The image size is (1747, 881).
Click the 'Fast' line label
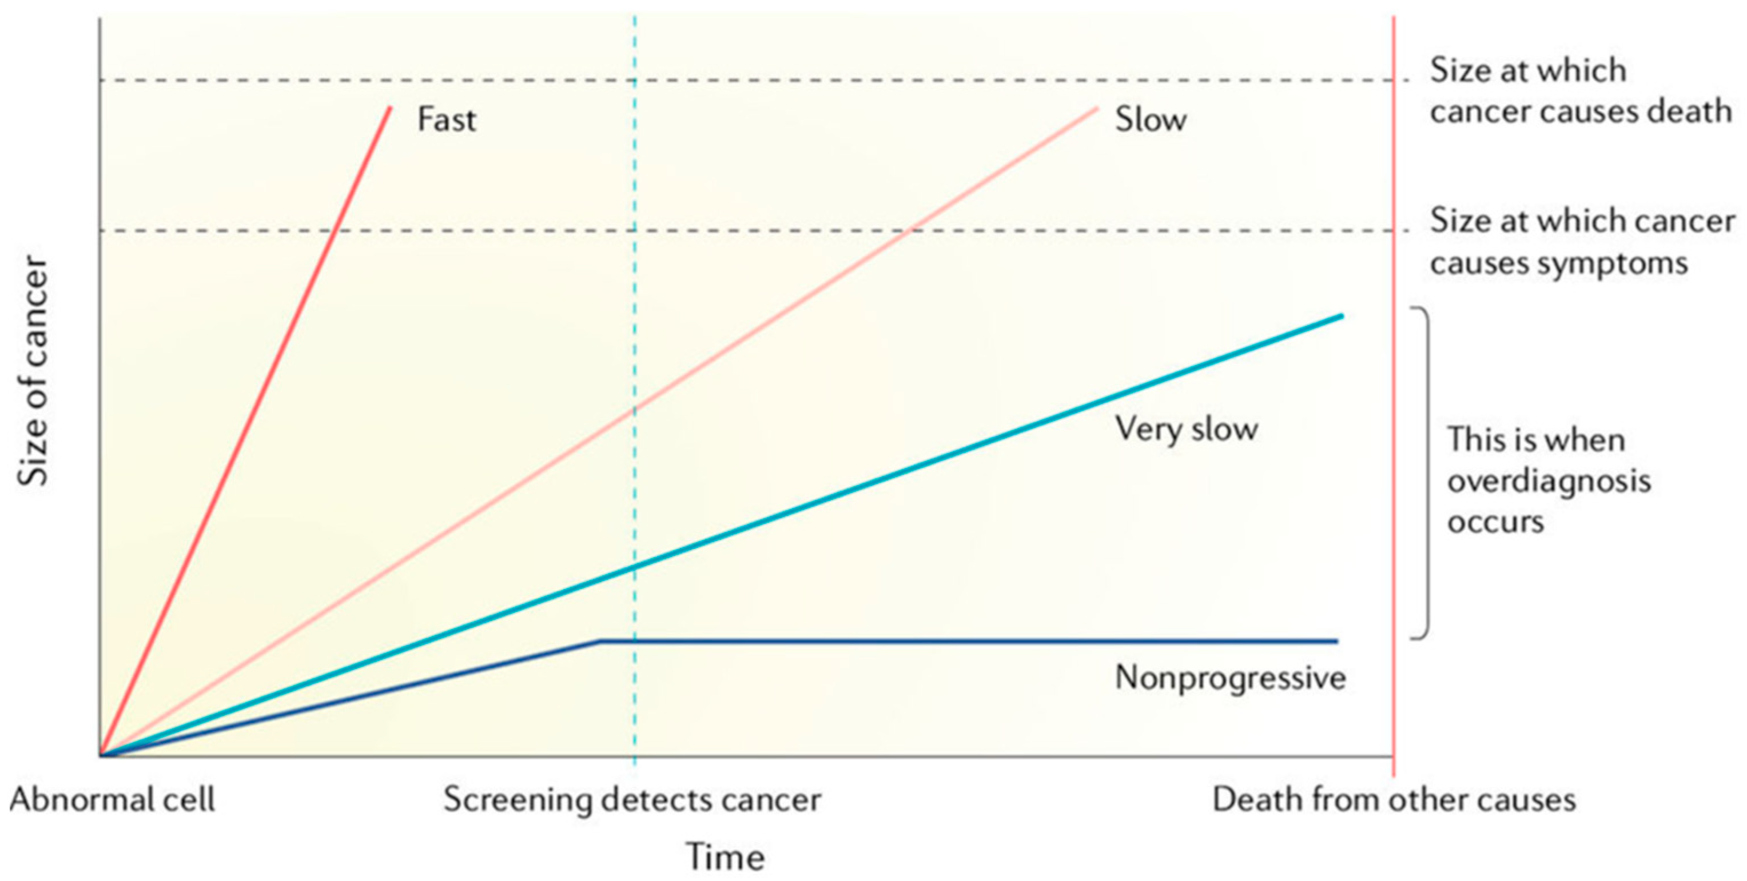pos(446,120)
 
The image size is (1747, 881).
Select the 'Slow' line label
pos(1151,120)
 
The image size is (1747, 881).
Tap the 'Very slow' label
pos(1186,429)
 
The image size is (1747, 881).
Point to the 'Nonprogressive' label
pos(1230,678)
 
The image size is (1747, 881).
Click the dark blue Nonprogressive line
pos(949,641)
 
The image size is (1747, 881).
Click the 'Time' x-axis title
pos(726,856)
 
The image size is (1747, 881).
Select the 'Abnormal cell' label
pos(112,800)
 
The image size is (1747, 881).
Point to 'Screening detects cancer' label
pos(632,800)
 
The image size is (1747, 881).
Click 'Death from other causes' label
pos(1394,800)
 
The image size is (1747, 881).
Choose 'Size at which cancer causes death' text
pos(1580,91)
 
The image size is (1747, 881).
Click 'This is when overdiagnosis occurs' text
pos(1549,480)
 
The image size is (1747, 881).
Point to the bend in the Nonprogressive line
pos(599,640)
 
